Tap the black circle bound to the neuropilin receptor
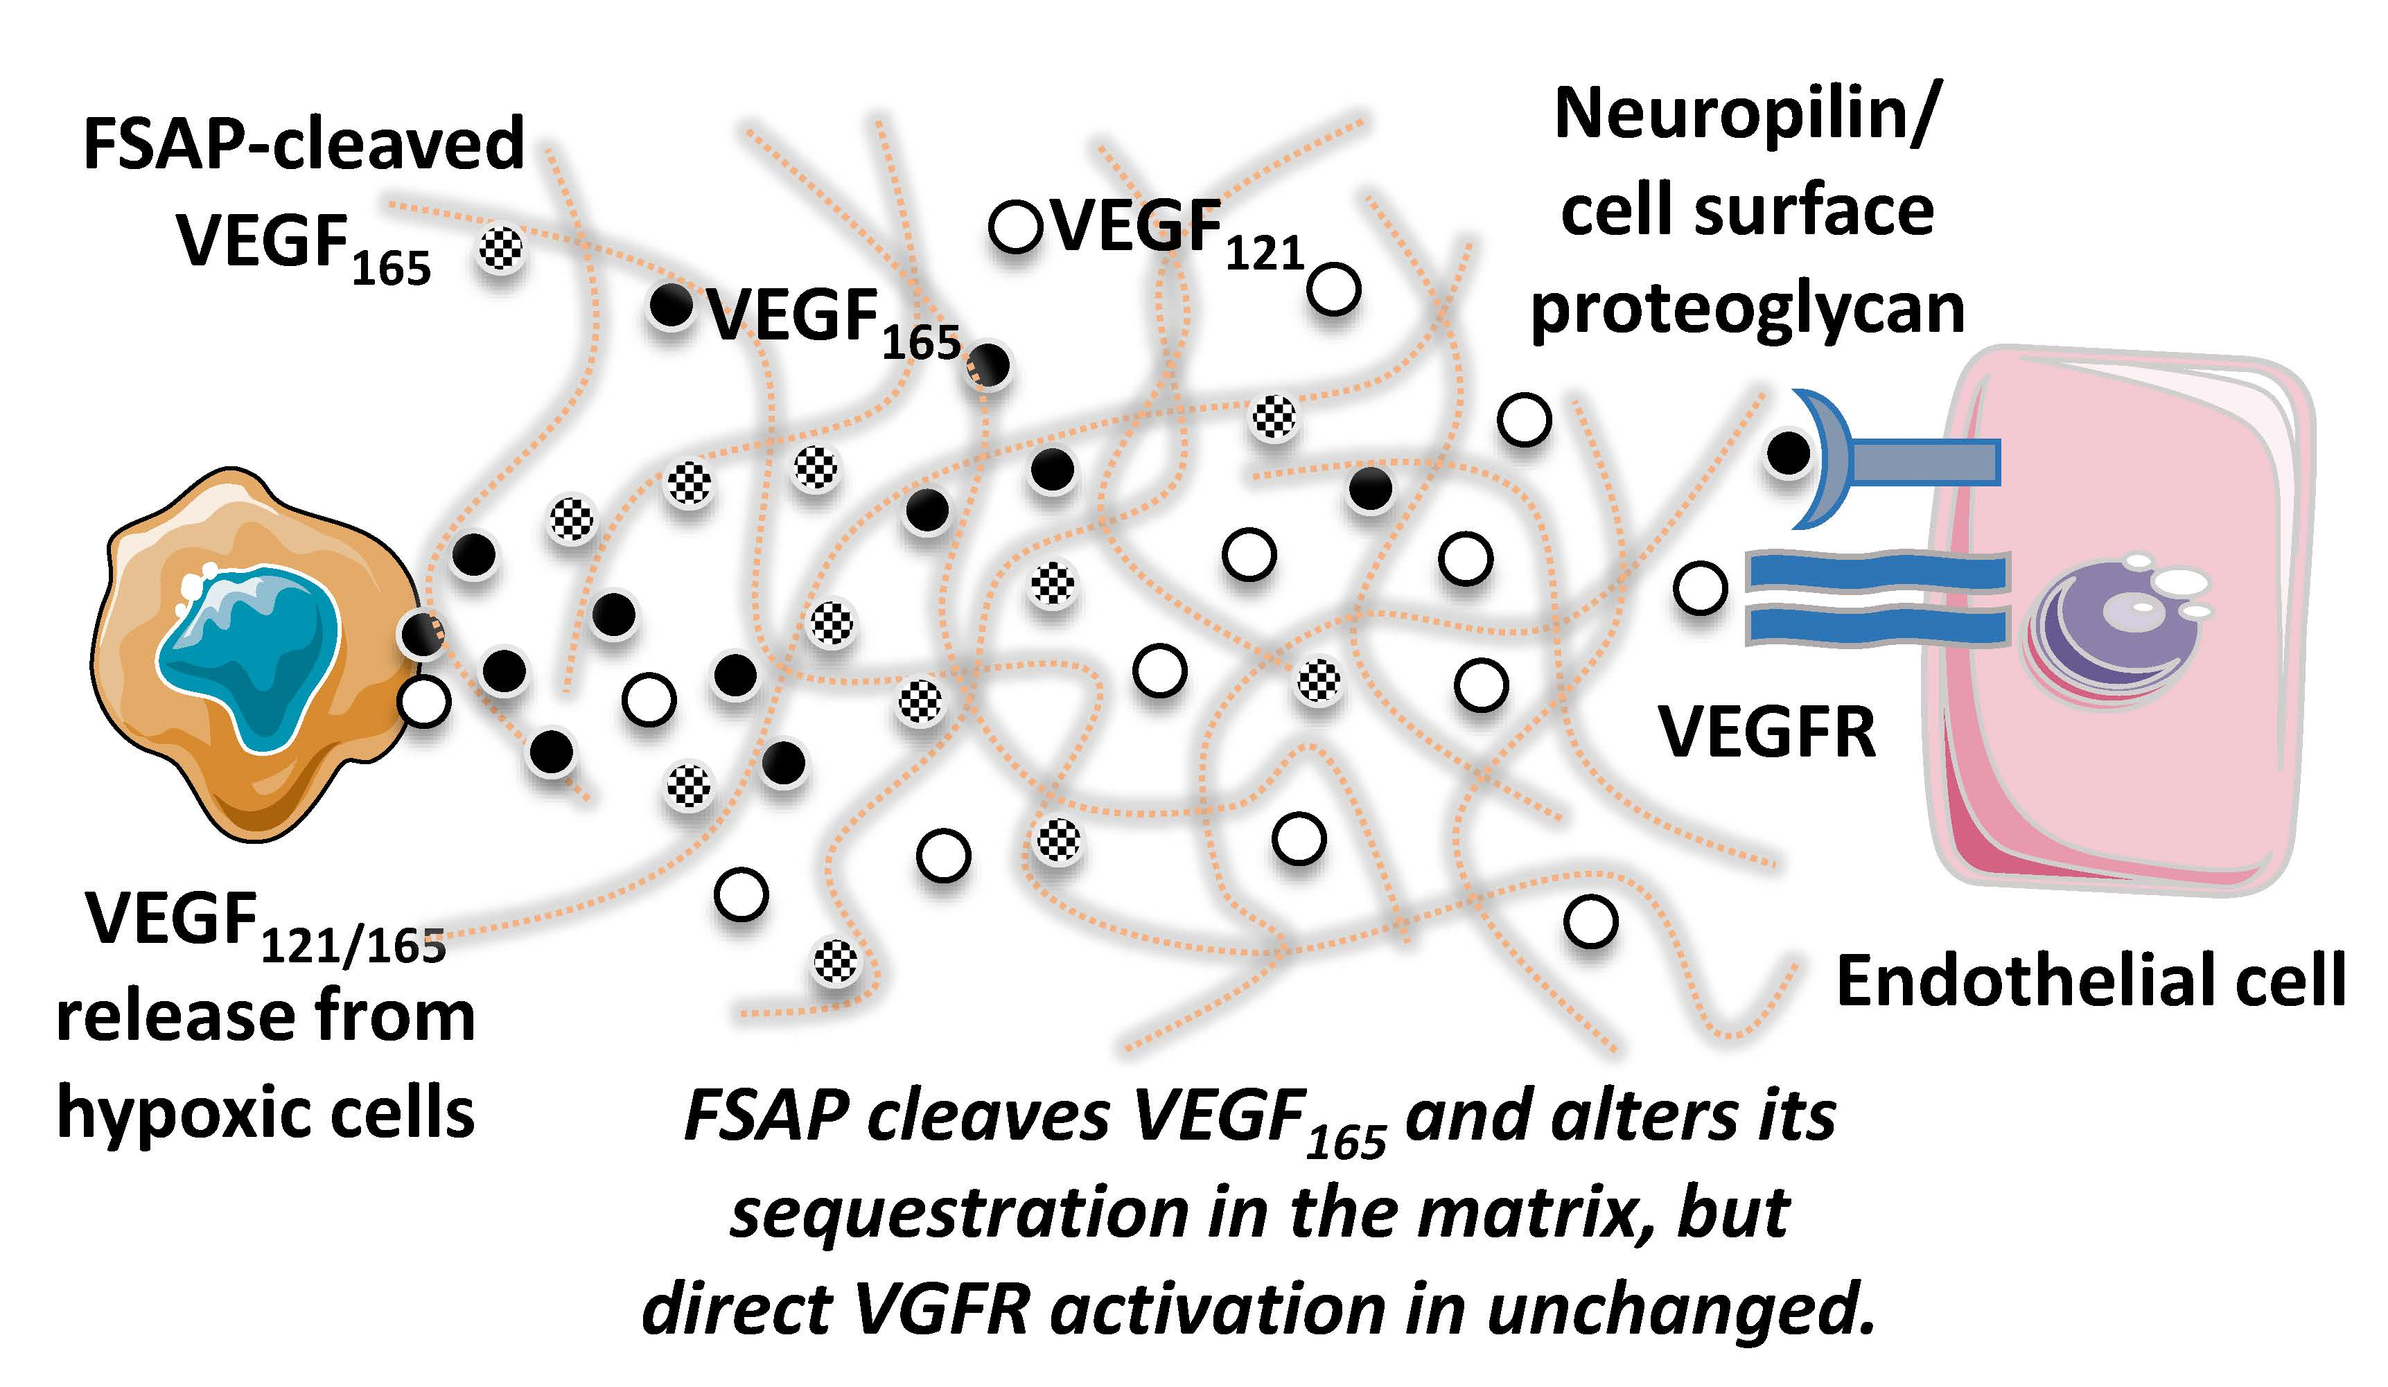tap(1787, 454)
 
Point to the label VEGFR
tap(1766, 734)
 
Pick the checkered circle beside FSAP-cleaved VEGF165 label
tap(500, 249)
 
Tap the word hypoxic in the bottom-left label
tap(176, 1113)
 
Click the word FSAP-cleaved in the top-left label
tap(304, 144)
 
